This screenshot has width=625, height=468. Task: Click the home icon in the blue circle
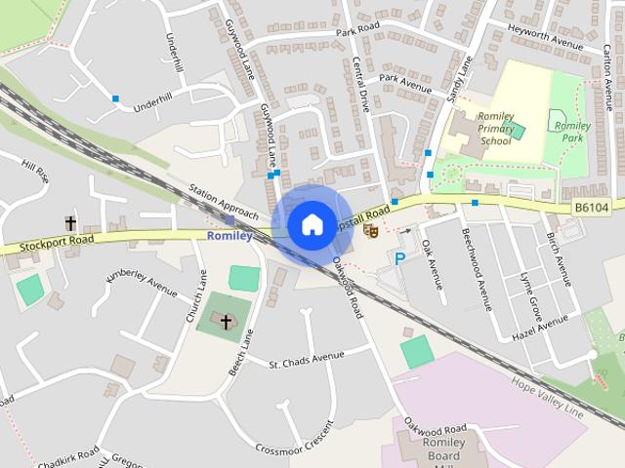click(x=312, y=224)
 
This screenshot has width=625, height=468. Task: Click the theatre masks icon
click(x=370, y=231)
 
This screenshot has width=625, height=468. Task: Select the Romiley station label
click(x=230, y=236)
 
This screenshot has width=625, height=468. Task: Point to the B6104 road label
click(x=590, y=208)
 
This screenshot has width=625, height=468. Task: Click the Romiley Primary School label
click(x=495, y=128)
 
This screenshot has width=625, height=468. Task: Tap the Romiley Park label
click(x=572, y=132)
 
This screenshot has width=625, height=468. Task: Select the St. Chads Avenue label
click(x=307, y=360)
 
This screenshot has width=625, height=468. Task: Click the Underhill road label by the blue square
click(x=154, y=101)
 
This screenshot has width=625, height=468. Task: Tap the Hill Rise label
click(x=35, y=174)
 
